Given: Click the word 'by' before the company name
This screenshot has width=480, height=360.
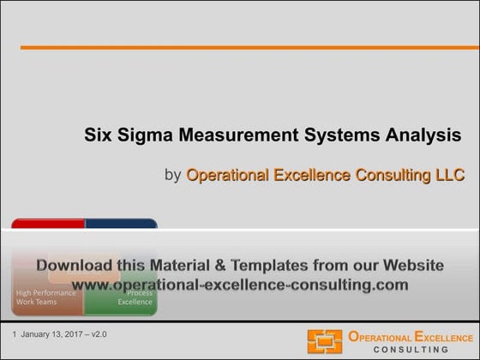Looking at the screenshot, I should click(172, 176).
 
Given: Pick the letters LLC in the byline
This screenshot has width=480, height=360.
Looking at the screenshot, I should click(447, 176).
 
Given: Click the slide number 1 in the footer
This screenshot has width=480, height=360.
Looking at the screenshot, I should click(15, 333).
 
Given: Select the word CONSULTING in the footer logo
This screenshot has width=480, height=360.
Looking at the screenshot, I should click(411, 350).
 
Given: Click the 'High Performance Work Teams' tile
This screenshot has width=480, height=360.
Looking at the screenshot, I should click(46, 297).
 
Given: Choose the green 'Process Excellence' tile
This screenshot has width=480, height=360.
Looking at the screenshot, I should click(134, 297).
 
